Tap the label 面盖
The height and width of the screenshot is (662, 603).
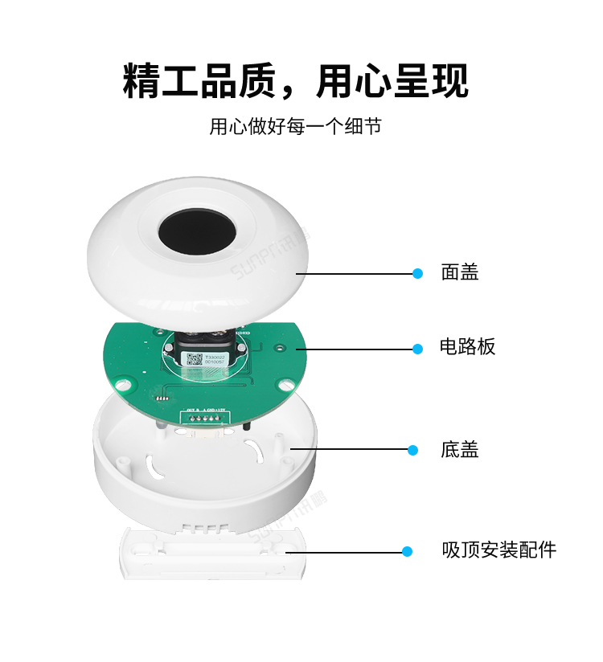pyautogui.click(x=460, y=273)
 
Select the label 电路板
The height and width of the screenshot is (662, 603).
pyautogui.click(x=468, y=347)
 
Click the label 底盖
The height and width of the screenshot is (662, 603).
pyautogui.click(x=460, y=450)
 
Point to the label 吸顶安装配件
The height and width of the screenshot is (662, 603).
pyautogui.click(x=498, y=551)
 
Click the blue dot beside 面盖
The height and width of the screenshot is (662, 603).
pyautogui.click(x=417, y=274)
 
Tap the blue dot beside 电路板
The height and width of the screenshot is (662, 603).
pyautogui.click(x=417, y=349)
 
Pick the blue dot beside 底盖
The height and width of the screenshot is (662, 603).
pyautogui.click(x=413, y=450)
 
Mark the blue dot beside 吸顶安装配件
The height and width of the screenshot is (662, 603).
pyautogui.click(x=407, y=552)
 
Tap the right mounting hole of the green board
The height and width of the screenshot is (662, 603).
pyautogui.click(x=278, y=348)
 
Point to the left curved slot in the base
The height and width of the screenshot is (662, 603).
pyautogui.click(x=152, y=461)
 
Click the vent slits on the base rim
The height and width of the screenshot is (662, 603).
pyautogui.click(x=202, y=529)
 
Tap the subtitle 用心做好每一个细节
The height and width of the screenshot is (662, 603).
pyautogui.click(x=295, y=127)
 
